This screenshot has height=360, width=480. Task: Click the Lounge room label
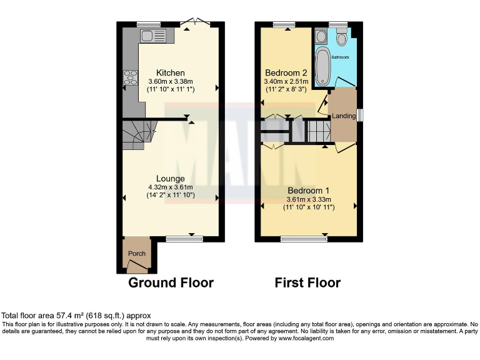(171, 178)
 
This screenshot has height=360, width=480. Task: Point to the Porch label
(137, 253)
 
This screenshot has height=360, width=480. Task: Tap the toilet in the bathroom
(341, 39)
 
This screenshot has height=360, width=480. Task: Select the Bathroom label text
(340, 57)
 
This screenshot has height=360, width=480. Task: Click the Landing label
(344, 116)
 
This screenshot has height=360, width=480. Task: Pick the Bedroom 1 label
(308, 190)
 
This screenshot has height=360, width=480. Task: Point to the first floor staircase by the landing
(317, 132)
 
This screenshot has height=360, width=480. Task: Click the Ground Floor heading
(171, 282)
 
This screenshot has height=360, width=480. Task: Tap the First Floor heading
(307, 282)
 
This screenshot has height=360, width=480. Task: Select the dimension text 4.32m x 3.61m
(171, 187)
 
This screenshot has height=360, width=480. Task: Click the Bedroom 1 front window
(304, 238)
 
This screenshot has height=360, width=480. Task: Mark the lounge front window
(185, 238)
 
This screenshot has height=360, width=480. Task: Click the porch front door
(138, 267)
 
